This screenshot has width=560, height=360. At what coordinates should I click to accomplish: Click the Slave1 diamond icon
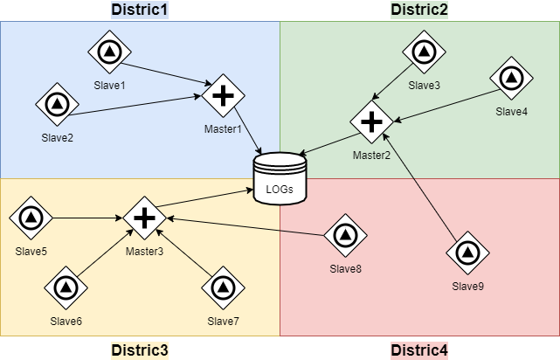click(x=110, y=53)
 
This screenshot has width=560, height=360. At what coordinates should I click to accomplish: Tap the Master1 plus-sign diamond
click(x=223, y=94)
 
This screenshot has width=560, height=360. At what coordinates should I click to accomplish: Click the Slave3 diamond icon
click(x=424, y=52)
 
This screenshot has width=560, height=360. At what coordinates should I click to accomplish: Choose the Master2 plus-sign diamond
click(x=372, y=120)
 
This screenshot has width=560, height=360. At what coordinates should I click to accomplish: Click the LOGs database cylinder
click(x=280, y=178)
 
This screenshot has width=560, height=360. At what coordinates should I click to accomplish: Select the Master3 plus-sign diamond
click(x=144, y=218)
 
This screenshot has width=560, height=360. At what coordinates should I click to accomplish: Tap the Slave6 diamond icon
click(x=66, y=287)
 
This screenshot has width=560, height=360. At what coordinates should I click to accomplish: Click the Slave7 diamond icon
click(x=223, y=287)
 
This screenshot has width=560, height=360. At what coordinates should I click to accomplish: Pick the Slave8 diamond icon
click(x=344, y=236)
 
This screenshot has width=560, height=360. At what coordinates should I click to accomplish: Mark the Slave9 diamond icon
click(x=466, y=253)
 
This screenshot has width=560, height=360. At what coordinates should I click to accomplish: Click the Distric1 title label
click(x=140, y=10)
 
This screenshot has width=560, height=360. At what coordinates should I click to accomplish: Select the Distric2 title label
click(x=419, y=10)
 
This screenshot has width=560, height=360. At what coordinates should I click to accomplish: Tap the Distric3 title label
click(x=140, y=350)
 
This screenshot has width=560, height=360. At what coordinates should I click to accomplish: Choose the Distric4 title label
click(x=419, y=350)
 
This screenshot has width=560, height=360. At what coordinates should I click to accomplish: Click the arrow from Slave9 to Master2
click(x=420, y=189)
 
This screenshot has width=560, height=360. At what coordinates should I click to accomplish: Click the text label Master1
click(x=223, y=130)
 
